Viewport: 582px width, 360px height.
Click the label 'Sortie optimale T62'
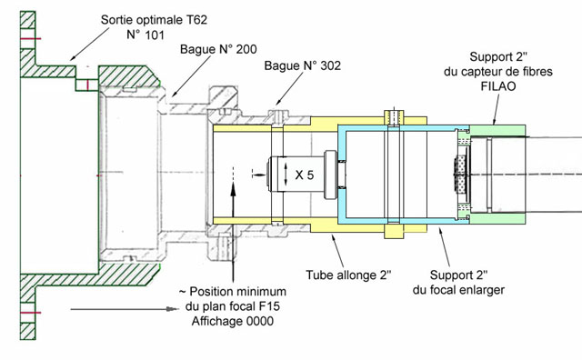[x=154, y=20]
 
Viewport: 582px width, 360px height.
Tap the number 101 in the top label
[x=155, y=35]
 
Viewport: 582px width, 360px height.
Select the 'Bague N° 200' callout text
[x=218, y=49]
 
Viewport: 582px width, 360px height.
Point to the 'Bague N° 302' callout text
[x=302, y=65]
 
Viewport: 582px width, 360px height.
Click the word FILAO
[x=498, y=86]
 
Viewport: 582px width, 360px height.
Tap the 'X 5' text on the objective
[x=305, y=175]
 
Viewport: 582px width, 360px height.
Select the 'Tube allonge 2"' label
[x=348, y=275]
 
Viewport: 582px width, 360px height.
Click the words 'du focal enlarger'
[x=458, y=289]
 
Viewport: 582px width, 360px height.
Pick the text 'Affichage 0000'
[x=233, y=321]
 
